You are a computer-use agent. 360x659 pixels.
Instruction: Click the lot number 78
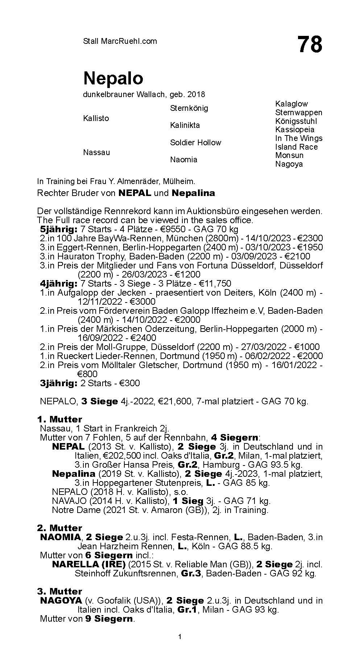point(310,45)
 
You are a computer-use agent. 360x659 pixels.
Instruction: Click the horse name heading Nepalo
point(113,78)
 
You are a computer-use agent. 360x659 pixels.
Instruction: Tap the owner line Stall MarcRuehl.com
point(120,41)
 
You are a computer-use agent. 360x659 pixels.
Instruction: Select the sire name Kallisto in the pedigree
point(96,118)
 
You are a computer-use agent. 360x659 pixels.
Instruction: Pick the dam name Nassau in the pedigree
point(96,153)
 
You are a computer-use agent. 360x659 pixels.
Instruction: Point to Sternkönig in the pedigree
point(189,108)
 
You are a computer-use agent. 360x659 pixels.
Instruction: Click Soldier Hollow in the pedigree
point(195,143)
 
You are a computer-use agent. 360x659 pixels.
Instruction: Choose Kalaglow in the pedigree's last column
point(291,104)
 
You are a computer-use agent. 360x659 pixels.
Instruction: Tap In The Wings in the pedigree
point(298,138)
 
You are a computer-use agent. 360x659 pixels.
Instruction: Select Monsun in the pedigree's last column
point(289,155)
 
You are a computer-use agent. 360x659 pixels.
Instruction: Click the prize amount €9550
point(175,229)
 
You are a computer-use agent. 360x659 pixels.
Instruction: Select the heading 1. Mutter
point(59,420)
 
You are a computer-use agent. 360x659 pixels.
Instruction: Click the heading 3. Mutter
point(59,592)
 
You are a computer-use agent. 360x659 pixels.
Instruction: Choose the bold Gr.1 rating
point(187,610)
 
